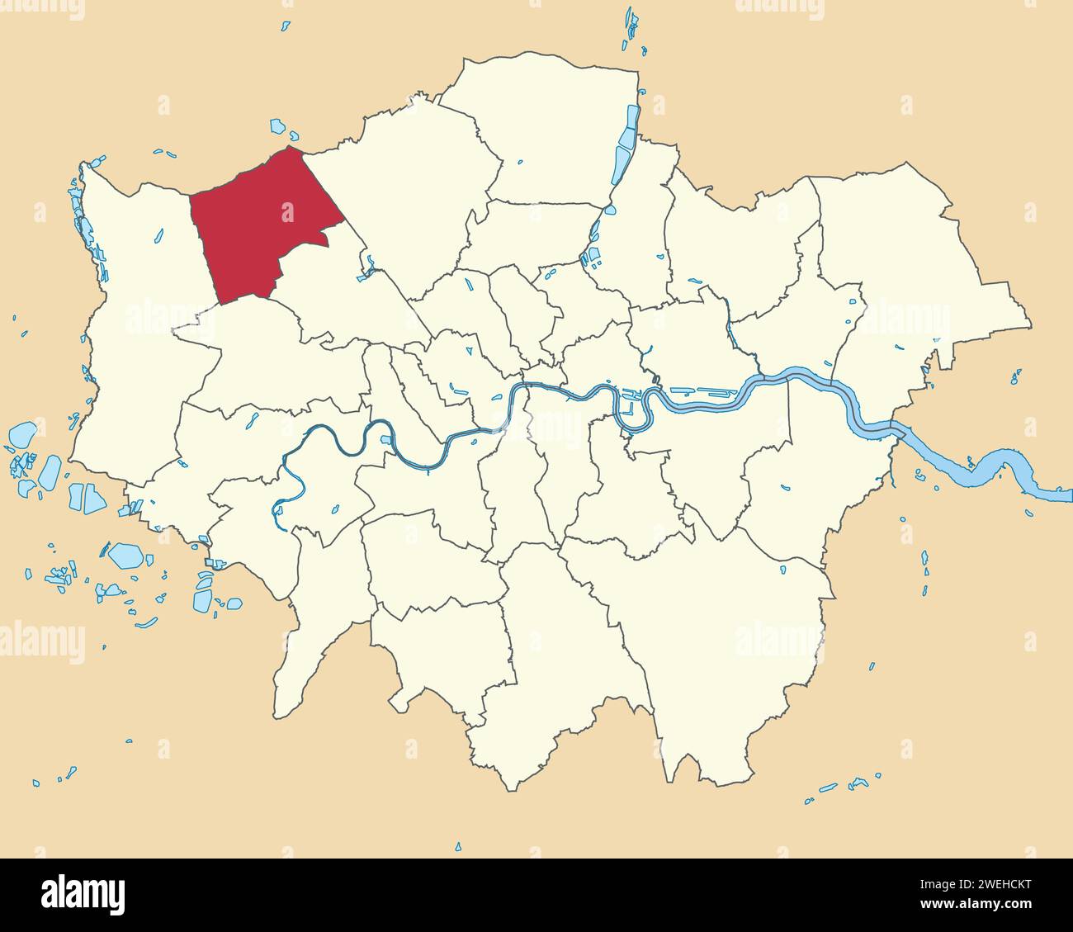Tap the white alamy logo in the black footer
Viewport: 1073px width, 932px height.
(x=83, y=895)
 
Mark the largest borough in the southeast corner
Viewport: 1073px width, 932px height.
(x=726, y=644)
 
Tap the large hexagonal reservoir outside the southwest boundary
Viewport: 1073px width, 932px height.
(x=126, y=555)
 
